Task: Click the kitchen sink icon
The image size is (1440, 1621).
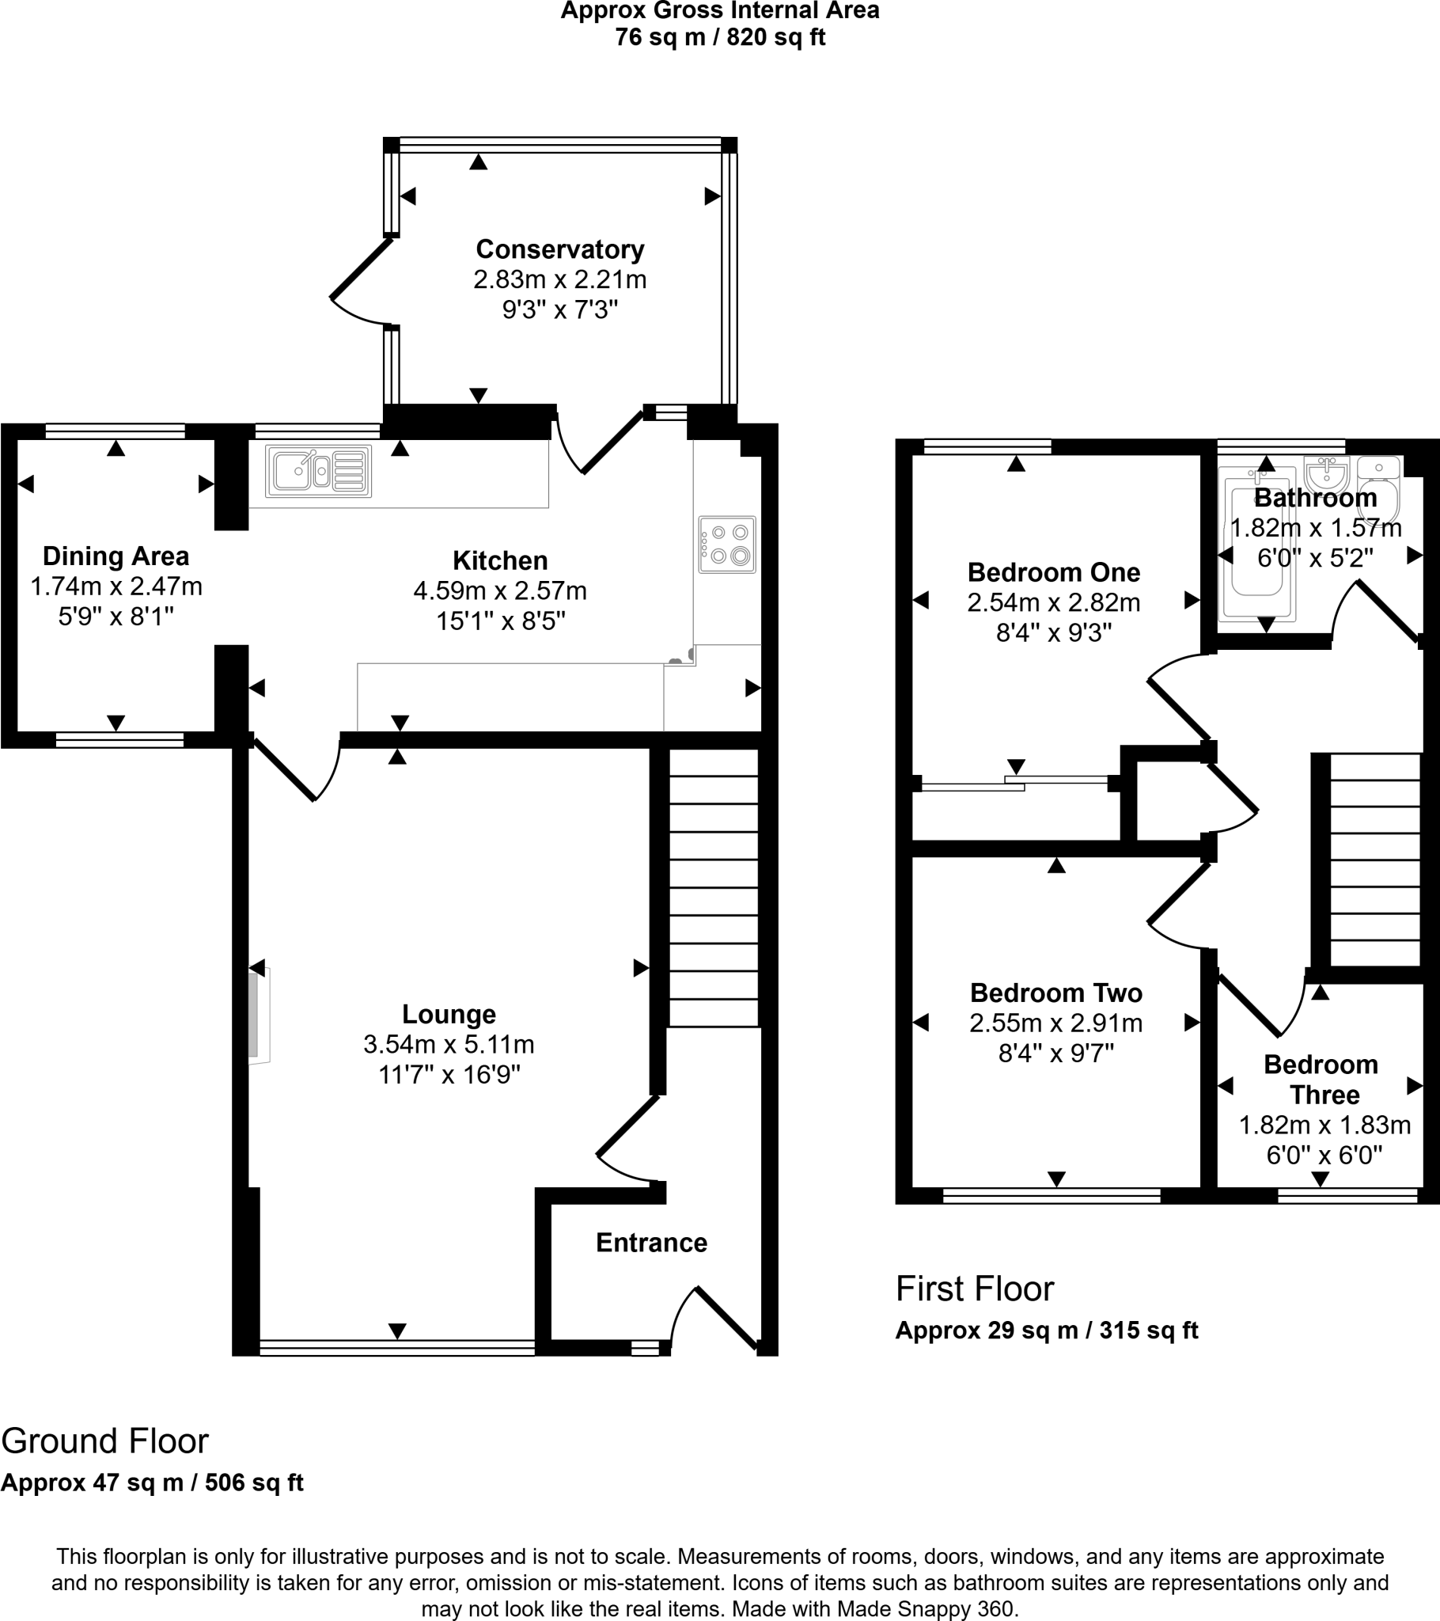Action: pyautogui.click(x=319, y=472)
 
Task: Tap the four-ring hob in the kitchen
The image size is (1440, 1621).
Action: pyautogui.click(x=727, y=545)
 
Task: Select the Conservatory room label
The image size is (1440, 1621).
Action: pyautogui.click(x=560, y=249)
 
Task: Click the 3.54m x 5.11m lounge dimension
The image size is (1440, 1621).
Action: pyautogui.click(x=449, y=1045)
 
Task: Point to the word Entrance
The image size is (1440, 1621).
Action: pyautogui.click(x=651, y=1242)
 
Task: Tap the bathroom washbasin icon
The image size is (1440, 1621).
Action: pyautogui.click(x=1326, y=476)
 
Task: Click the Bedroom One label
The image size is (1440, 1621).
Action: pyautogui.click(x=1053, y=571)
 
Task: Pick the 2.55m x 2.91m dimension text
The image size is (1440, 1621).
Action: pyautogui.click(x=1055, y=1023)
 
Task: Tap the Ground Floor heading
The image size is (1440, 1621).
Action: pyautogui.click(x=104, y=1441)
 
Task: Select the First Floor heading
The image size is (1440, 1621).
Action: pyautogui.click(x=975, y=1289)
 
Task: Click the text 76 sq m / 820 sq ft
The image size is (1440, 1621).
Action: pyautogui.click(x=719, y=37)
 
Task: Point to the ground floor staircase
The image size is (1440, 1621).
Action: pyautogui.click(x=713, y=888)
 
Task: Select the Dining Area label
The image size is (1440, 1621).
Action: pyautogui.click(x=116, y=556)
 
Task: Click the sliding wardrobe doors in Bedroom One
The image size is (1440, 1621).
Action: pyautogui.click(x=1015, y=784)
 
